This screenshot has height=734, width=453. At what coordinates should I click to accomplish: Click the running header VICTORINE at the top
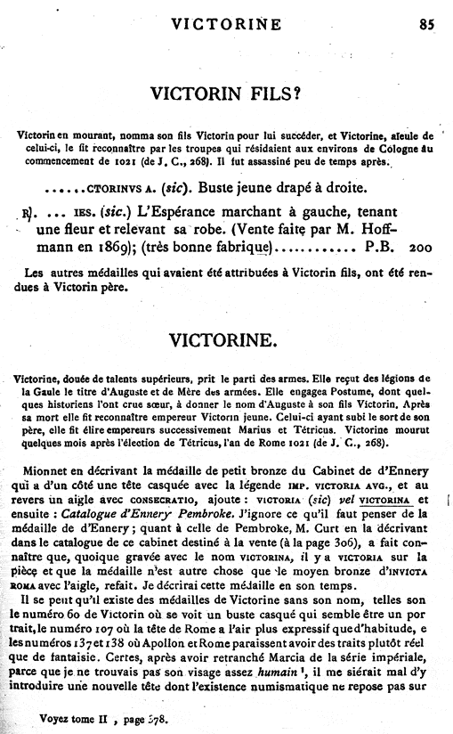234,25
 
